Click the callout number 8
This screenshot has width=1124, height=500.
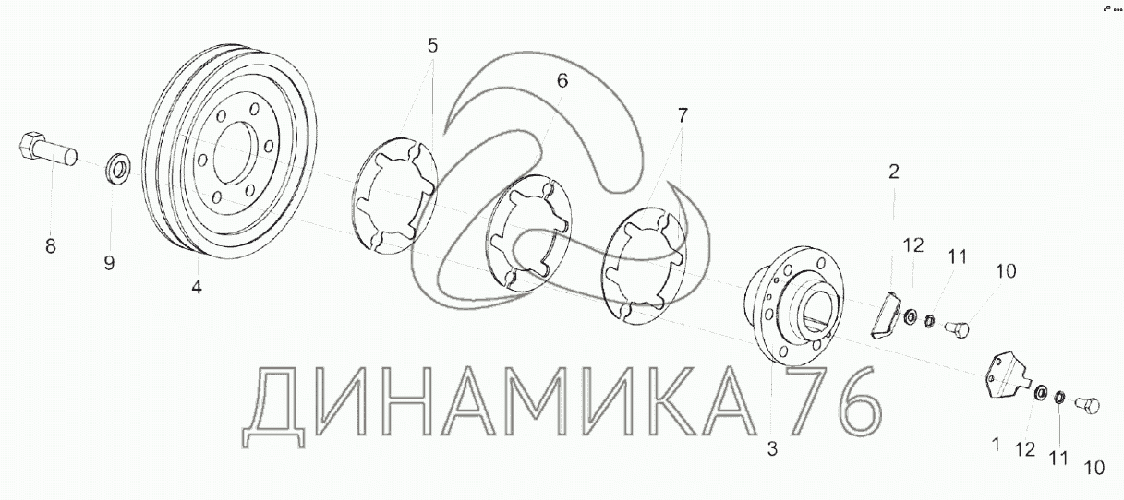pos(51,246)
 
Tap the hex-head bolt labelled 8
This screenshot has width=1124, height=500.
pos(48,148)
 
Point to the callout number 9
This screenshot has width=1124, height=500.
pos(109,263)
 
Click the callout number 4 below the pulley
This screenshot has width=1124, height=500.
pos(197,287)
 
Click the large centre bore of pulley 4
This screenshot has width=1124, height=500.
pos(231,152)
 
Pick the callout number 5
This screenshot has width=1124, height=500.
pos(432,45)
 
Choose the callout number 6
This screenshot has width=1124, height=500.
pos(562,80)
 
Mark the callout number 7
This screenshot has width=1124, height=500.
pos(682,115)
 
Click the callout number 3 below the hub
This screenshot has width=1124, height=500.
pos(772,448)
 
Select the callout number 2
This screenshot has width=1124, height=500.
pos(894,172)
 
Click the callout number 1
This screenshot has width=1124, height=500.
pos(995,444)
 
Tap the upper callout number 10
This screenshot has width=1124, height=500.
pos(1005,271)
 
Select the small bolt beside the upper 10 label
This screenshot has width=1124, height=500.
pos(957,328)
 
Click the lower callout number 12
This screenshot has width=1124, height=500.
pos(1025,449)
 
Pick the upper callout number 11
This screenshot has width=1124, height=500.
pos(957,257)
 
